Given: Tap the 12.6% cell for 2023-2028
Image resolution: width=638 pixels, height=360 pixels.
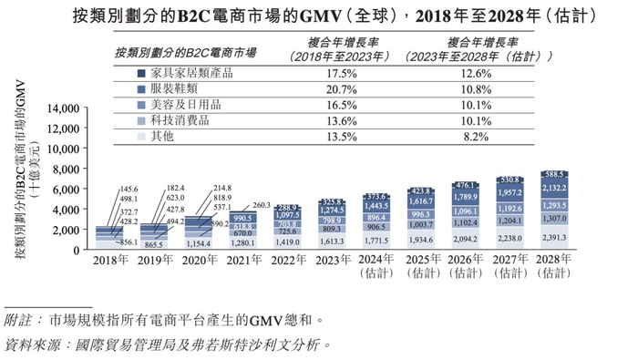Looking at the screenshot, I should [499, 73].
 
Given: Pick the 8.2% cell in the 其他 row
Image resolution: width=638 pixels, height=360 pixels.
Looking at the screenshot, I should [499, 136].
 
